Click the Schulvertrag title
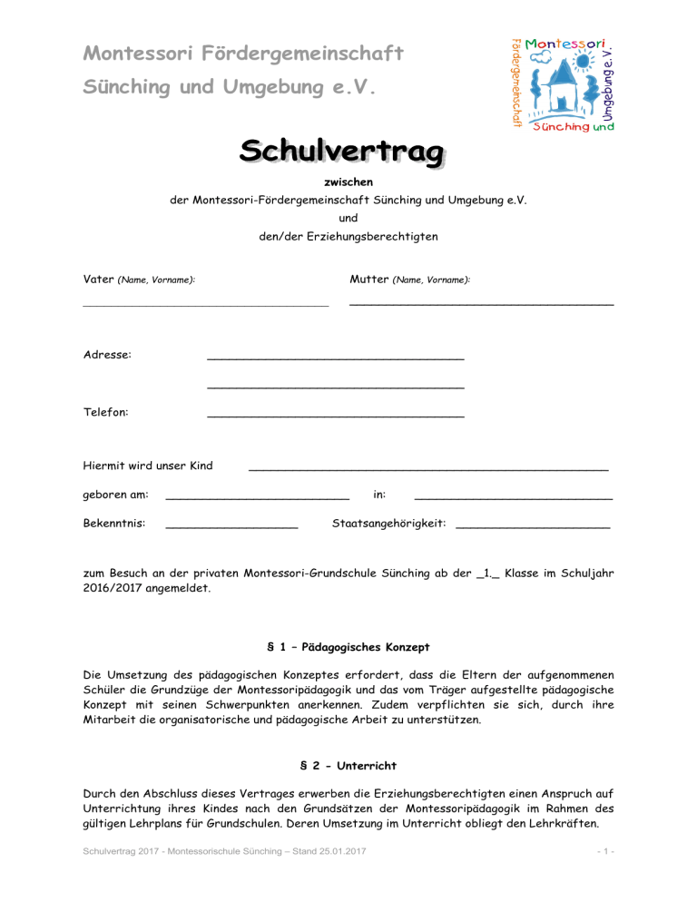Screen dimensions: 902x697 click(342, 152)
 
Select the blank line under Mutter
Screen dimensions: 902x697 click(481, 301)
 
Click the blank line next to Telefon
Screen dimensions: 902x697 click(336, 416)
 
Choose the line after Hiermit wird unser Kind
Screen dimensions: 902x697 click(427, 469)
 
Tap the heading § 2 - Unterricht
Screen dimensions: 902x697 click(348, 766)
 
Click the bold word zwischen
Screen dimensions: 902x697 click(348, 182)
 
